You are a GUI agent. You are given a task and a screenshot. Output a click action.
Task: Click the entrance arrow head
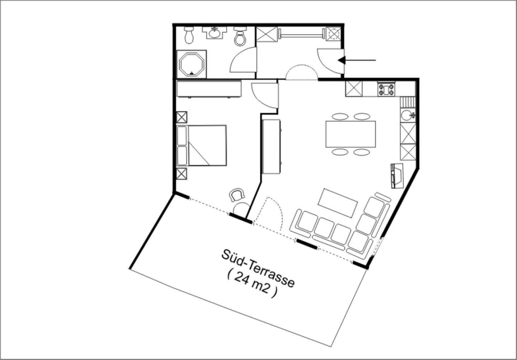click(x=341, y=60)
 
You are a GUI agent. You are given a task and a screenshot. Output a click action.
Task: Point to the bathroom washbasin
click(x=214, y=33)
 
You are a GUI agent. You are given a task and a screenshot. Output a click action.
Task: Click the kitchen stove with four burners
click(x=386, y=89)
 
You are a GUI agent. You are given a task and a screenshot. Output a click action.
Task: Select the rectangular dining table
click(x=350, y=134)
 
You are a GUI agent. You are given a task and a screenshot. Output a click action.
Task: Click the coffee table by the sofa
click(x=337, y=203)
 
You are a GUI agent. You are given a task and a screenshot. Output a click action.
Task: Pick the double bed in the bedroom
click(x=201, y=145)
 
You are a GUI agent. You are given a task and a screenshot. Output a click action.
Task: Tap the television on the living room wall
click(x=397, y=176)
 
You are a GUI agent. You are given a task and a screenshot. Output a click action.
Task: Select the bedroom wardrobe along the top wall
click(x=209, y=89)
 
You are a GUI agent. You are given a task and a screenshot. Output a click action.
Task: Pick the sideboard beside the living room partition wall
click(x=271, y=147)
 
